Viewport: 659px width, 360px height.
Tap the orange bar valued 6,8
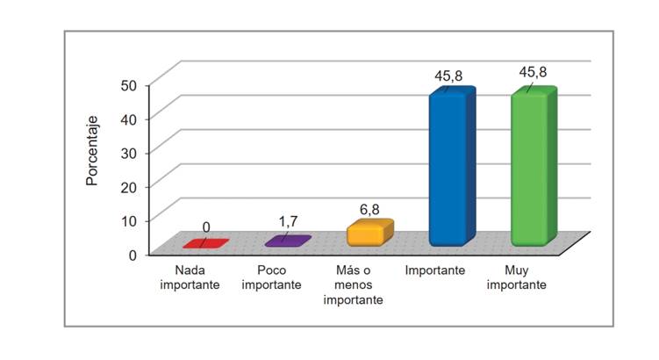point(365,234)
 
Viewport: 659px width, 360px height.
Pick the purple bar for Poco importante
point(287,241)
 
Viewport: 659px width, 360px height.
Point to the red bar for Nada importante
point(205,243)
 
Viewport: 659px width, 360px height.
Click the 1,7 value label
point(288,221)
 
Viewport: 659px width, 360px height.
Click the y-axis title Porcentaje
point(91,149)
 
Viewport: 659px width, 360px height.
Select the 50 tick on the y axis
point(129,84)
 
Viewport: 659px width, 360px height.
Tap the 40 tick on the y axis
point(129,119)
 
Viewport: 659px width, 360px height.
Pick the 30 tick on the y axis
point(129,152)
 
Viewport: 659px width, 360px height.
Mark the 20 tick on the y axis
point(129,186)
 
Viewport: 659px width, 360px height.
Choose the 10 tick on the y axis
point(129,220)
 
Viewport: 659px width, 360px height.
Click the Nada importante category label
point(190,277)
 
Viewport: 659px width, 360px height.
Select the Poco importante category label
point(272,277)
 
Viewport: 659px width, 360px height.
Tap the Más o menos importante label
point(353,285)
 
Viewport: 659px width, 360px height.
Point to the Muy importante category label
point(517,277)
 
